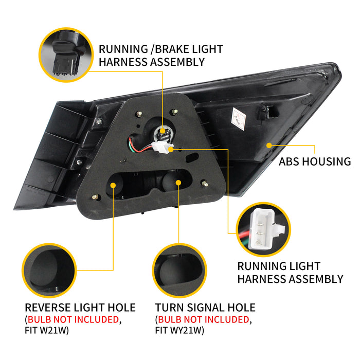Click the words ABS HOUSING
pos(315,161)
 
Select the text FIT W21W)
pos(47,330)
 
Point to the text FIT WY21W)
pos(179,330)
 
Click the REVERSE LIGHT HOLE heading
pos(80,308)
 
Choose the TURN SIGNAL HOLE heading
pos(205,308)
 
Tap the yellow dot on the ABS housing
pos(269,146)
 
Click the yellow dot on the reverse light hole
pos(113,185)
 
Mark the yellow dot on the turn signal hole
pos(178,183)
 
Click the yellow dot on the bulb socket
pos(163,131)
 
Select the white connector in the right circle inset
pos(266,229)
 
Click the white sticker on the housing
pos(239,119)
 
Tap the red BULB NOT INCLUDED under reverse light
pos(73,319)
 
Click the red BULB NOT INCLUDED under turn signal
pos(204,319)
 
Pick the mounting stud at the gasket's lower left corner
pos(96,197)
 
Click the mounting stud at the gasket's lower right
pos(205,184)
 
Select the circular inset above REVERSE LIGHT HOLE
pos(49,271)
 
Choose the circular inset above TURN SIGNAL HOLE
pos(179,271)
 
